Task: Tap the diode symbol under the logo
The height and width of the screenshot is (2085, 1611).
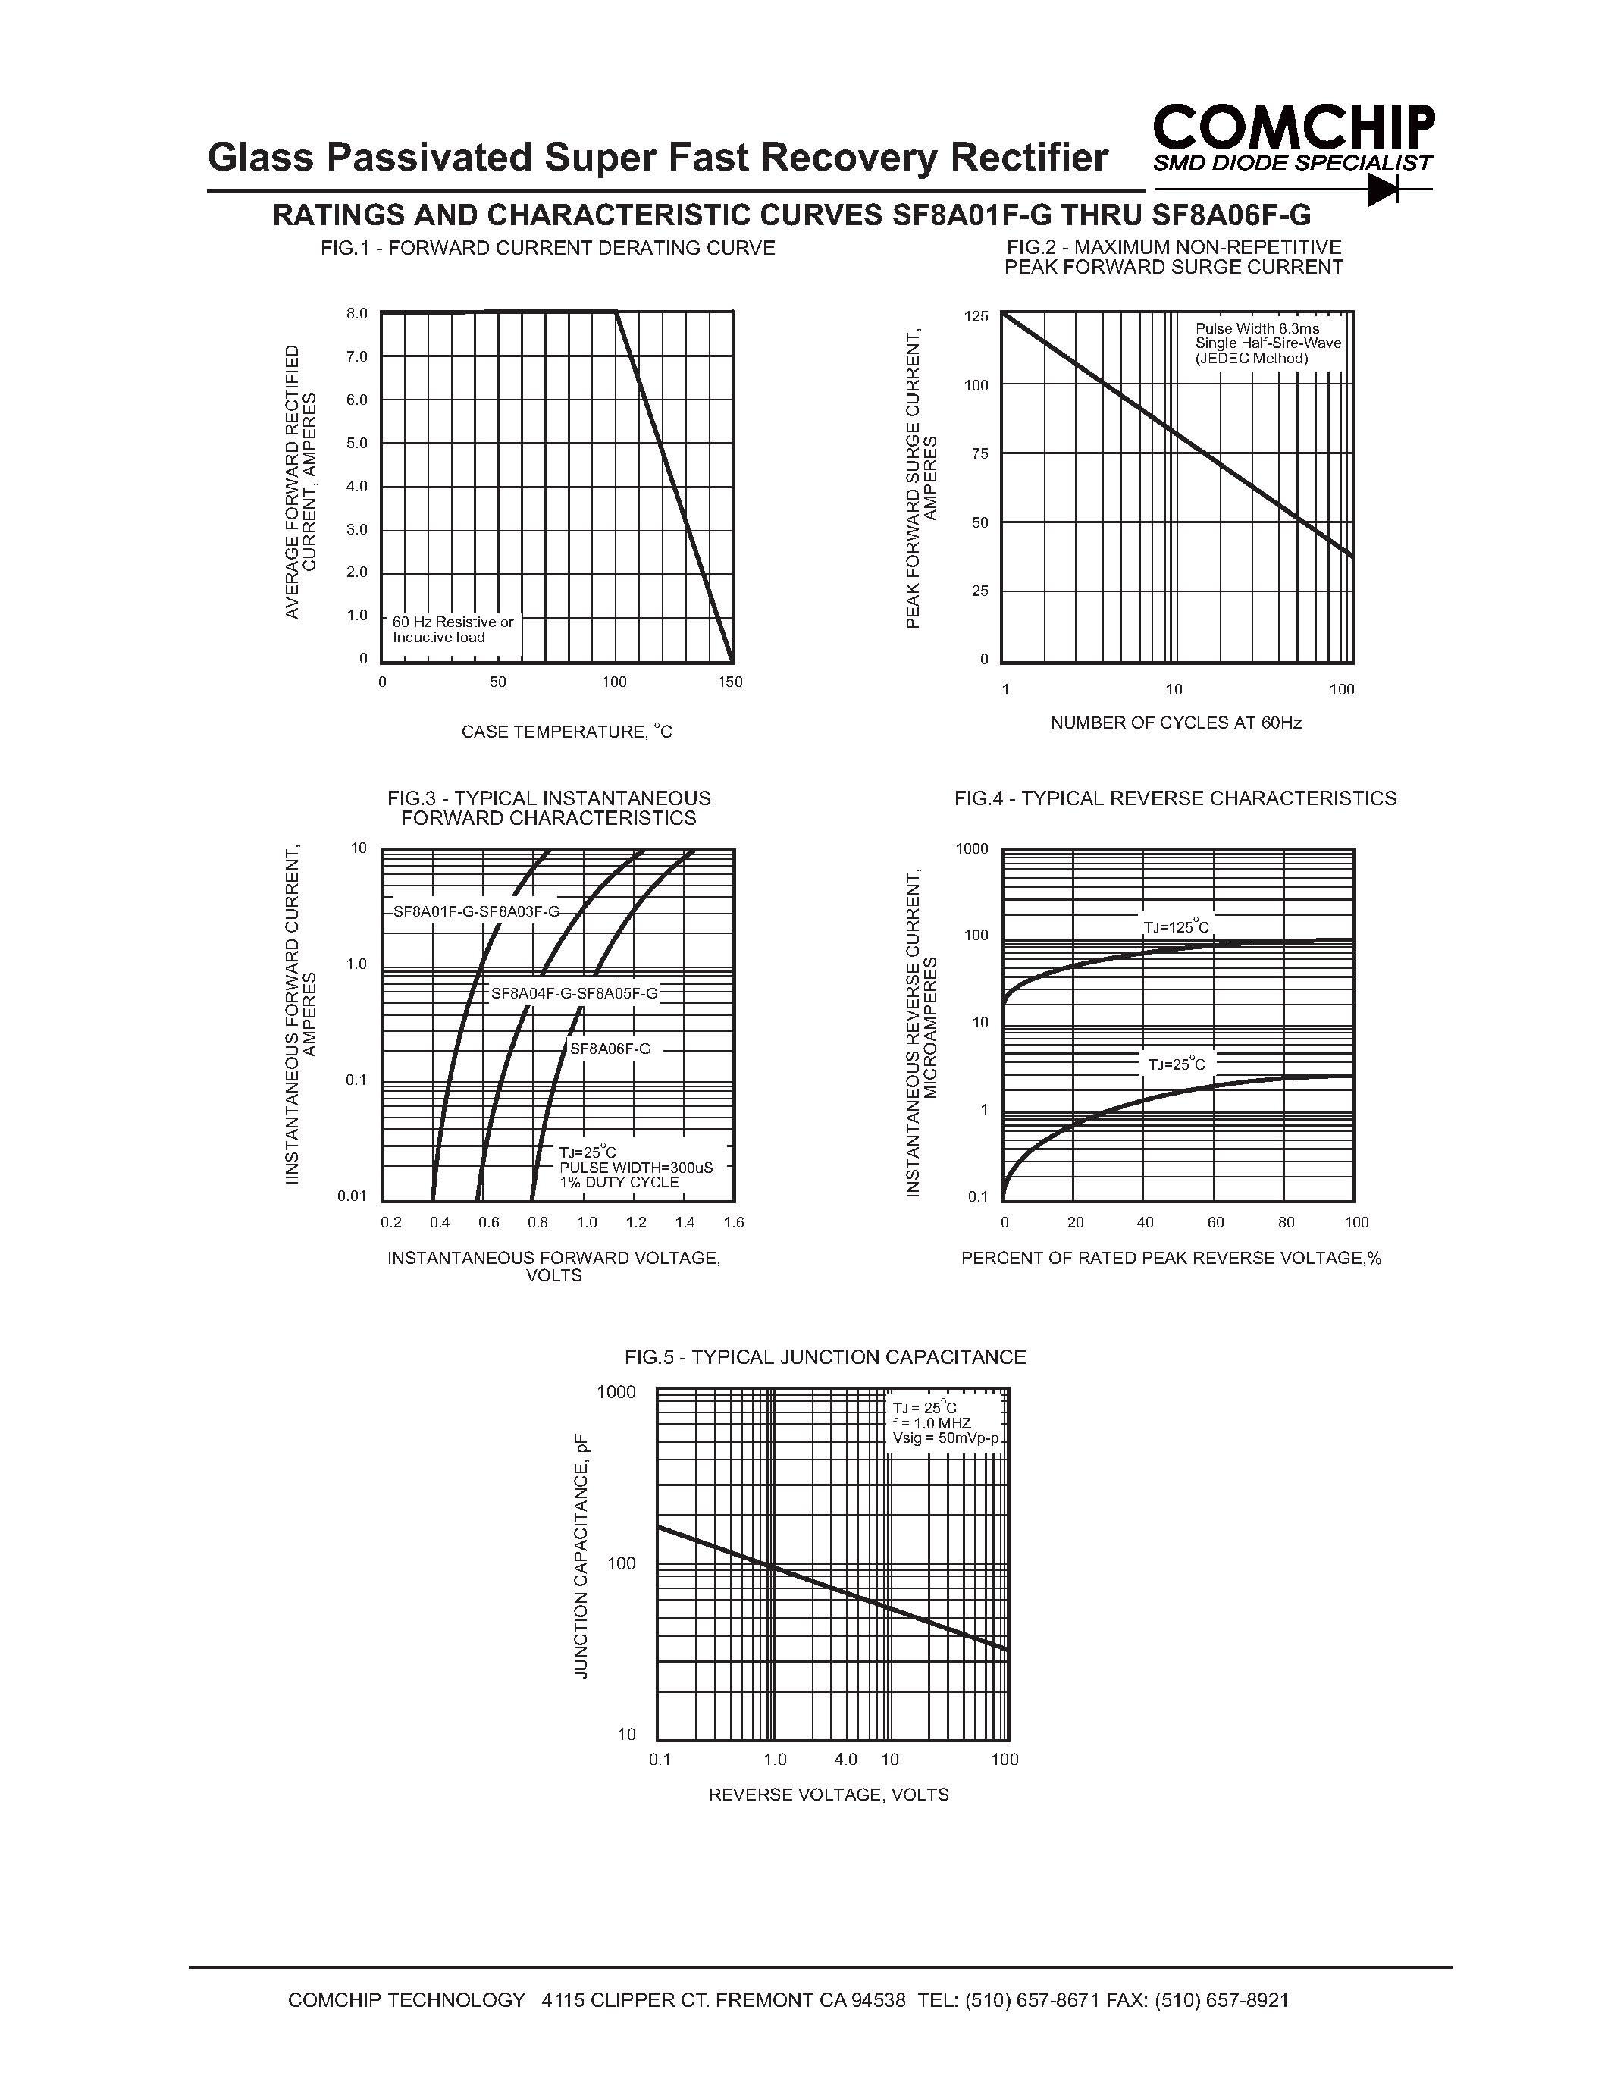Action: (x=1383, y=191)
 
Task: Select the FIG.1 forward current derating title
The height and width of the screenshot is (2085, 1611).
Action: (x=548, y=248)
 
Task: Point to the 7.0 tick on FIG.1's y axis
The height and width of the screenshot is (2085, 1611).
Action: (x=357, y=357)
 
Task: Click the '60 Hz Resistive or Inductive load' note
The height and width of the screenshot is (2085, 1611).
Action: (x=453, y=629)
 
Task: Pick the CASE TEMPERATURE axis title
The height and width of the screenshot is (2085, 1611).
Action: (x=567, y=732)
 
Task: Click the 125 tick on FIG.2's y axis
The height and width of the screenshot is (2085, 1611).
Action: (x=976, y=316)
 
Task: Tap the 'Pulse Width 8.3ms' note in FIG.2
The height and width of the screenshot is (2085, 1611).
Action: (x=1257, y=328)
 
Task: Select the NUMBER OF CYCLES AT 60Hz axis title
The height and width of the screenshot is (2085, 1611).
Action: (x=1176, y=723)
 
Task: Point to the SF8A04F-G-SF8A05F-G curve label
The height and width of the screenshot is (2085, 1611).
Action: (x=574, y=993)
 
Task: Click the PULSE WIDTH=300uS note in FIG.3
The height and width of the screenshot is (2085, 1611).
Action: (x=635, y=1168)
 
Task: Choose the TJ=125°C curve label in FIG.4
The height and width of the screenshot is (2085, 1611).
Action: (x=1177, y=927)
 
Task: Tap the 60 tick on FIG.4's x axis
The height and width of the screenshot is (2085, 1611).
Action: (x=1215, y=1222)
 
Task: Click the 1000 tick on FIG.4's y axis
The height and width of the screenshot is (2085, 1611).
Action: (x=973, y=848)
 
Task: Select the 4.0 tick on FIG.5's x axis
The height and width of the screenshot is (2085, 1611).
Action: (x=845, y=1760)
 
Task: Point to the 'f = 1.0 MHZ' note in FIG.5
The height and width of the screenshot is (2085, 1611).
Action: (x=932, y=1423)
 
